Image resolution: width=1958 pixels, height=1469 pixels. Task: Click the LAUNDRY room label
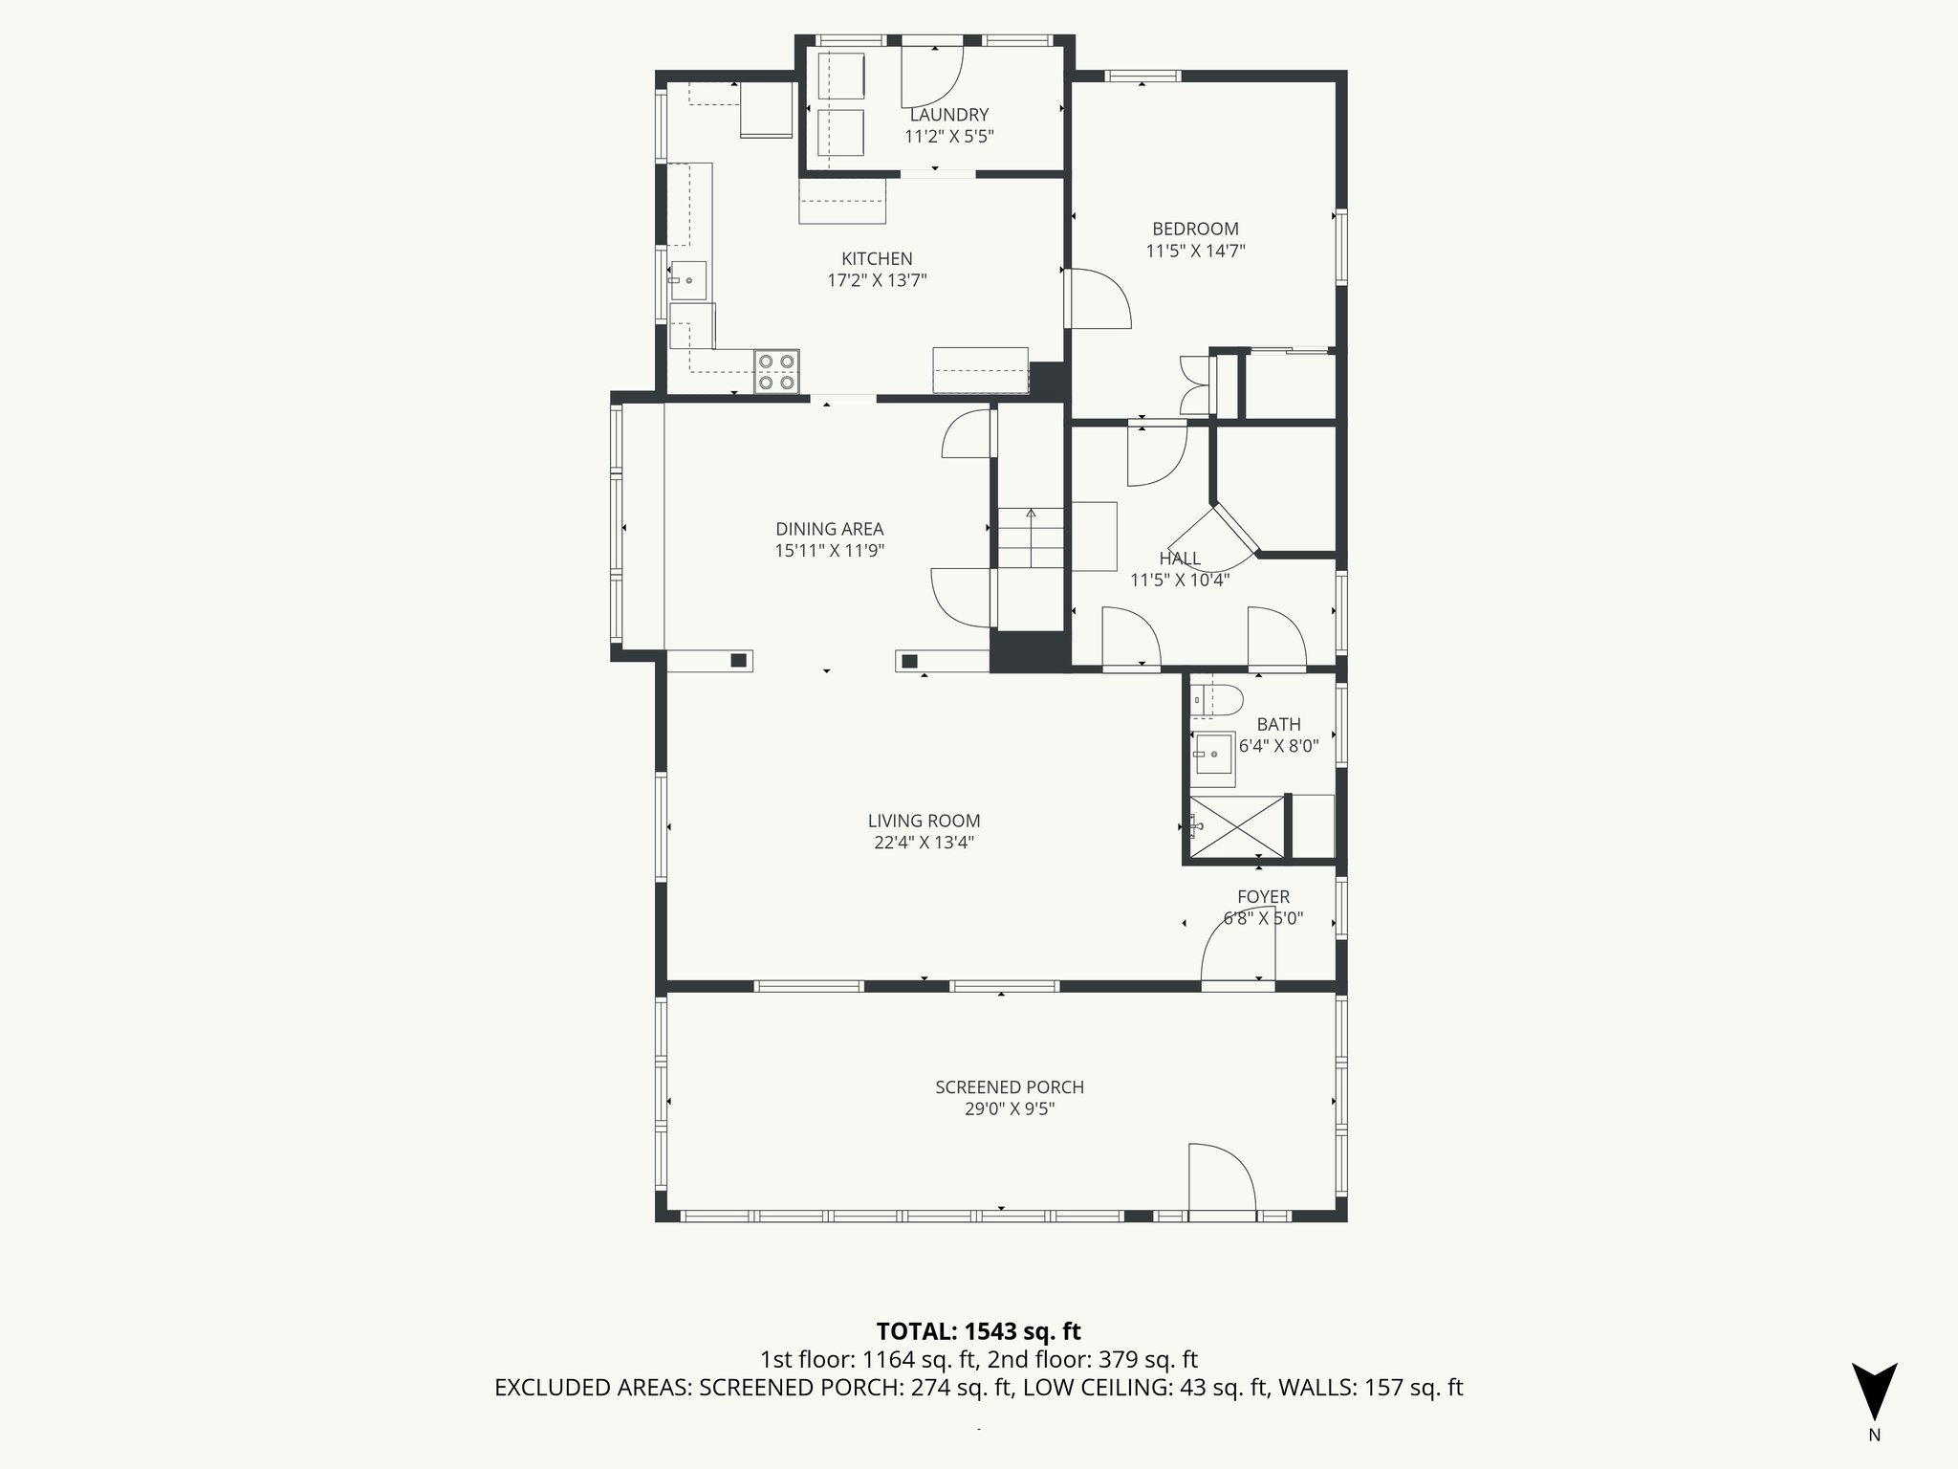pos(948,115)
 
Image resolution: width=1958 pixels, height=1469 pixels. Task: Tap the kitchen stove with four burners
pos(775,372)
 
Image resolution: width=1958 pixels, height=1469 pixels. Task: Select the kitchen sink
pos(688,280)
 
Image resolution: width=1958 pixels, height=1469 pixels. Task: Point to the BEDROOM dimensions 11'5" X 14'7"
pos(1195,252)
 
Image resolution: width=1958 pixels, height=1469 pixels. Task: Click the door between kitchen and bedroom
pos(1098,299)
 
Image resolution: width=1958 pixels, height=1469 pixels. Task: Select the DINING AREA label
pos(829,529)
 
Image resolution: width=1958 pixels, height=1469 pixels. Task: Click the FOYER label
pos(1263,896)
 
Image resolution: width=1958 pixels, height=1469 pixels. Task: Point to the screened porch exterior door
pos(1222,1180)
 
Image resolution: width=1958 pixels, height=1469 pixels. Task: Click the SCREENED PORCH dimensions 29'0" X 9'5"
pos(1009,1109)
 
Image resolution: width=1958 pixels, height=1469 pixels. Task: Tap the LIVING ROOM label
pos(924,821)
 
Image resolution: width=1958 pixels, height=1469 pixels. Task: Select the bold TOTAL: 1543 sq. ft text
pos(978,1330)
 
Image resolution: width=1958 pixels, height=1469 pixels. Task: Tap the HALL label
pos(1179,559)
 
